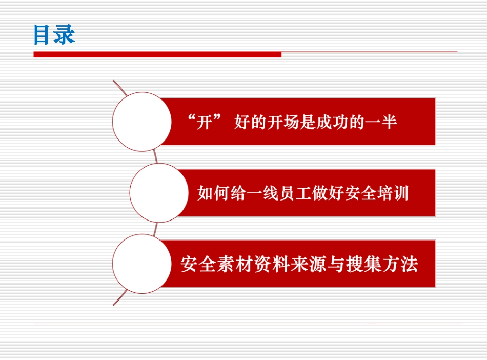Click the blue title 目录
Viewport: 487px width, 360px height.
(54, 34)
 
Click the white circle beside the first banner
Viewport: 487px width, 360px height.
(142, 122)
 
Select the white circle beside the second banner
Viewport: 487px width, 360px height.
(159, 193)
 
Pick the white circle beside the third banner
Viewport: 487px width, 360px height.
(142, 264)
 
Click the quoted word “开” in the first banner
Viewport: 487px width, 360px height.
(204, 122)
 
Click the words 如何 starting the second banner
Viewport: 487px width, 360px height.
(213, 193)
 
